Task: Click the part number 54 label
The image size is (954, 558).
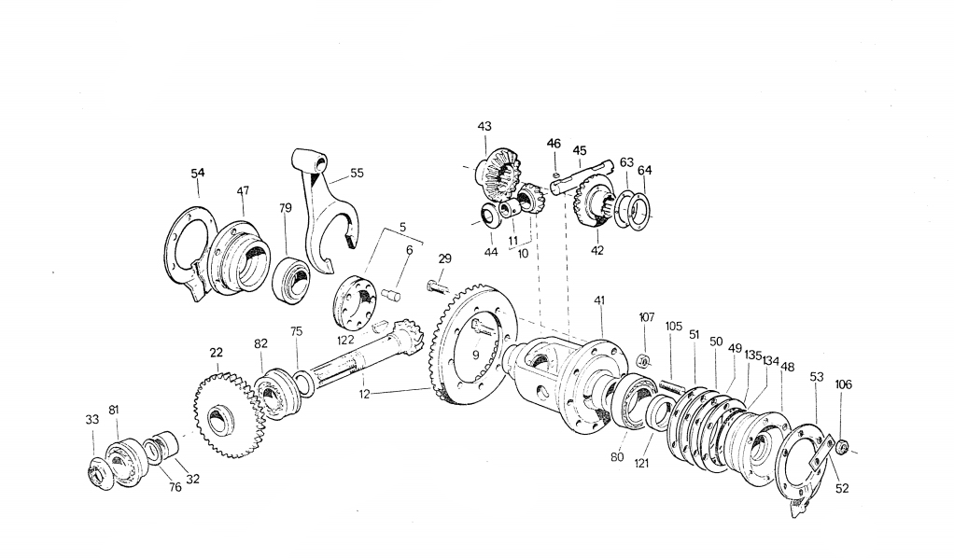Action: pos(197,173)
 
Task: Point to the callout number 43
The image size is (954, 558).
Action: pos(484,126)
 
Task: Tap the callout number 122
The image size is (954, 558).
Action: pos(344,340)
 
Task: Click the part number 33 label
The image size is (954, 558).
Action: pos(91,420)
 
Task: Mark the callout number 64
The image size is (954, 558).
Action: pos(645,171)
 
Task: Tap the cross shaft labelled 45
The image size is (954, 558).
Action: pos(580,175)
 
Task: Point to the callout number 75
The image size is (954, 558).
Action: pos(296,330)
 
